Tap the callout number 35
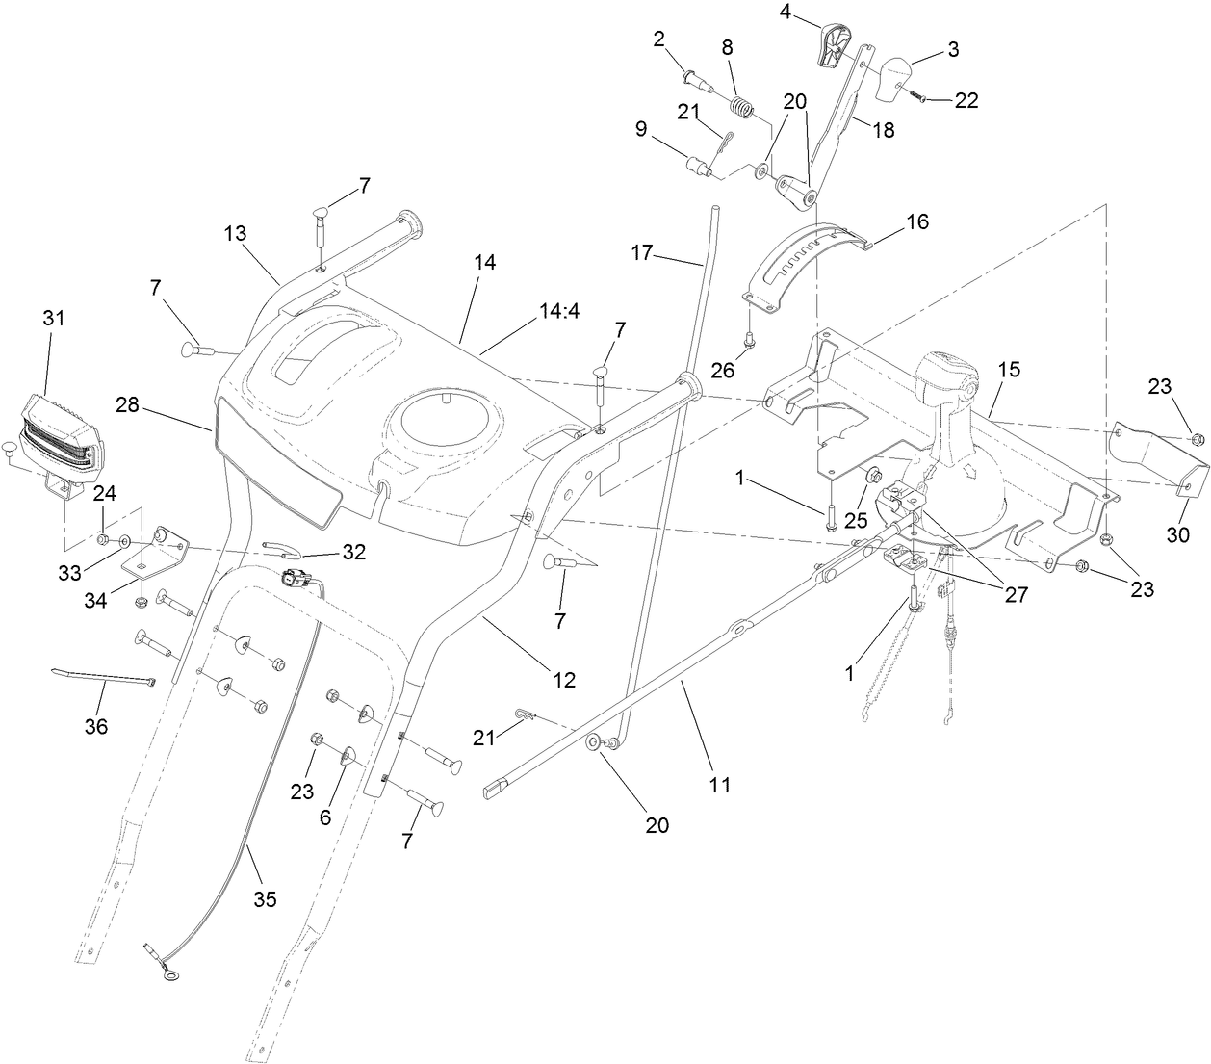tap(264, 899)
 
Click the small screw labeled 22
tap(920, 97)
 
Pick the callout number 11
tap(719, 785)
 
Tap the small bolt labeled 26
tap(753, 337)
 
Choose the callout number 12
tap(564, 680)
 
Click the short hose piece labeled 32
tap(279, 551)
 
